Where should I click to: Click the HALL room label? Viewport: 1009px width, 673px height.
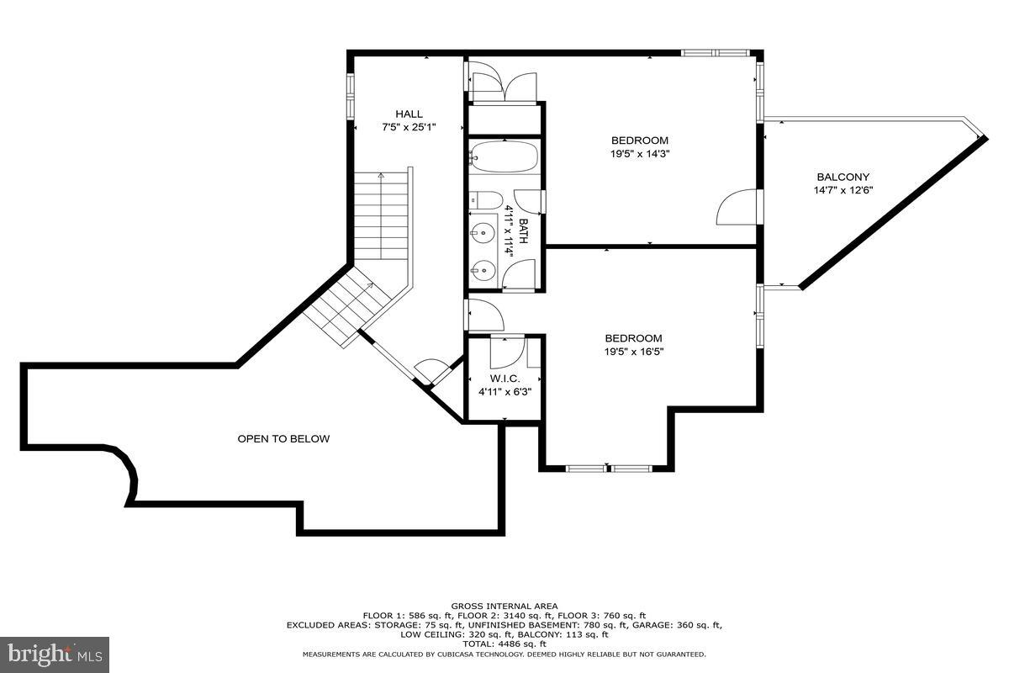(409, 114)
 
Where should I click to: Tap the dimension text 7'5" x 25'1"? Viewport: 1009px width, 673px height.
(409, 128)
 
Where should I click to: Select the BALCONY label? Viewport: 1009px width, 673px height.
(843, 177)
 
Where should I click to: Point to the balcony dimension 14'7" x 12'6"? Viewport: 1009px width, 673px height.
(843, 190)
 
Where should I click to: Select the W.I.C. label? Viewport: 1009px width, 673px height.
(504, 379)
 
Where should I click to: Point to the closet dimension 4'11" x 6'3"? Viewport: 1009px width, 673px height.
(504, 391)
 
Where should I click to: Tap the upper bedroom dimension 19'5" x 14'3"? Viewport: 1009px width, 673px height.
(639, 154)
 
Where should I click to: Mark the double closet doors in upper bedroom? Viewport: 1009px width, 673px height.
(503, 87)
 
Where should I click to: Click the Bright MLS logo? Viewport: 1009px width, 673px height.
(55, 652)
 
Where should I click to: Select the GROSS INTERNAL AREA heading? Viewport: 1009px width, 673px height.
(504, 606)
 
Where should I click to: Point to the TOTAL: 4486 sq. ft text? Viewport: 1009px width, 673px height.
(504, 644)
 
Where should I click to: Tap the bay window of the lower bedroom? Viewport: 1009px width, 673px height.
(606, 467)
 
